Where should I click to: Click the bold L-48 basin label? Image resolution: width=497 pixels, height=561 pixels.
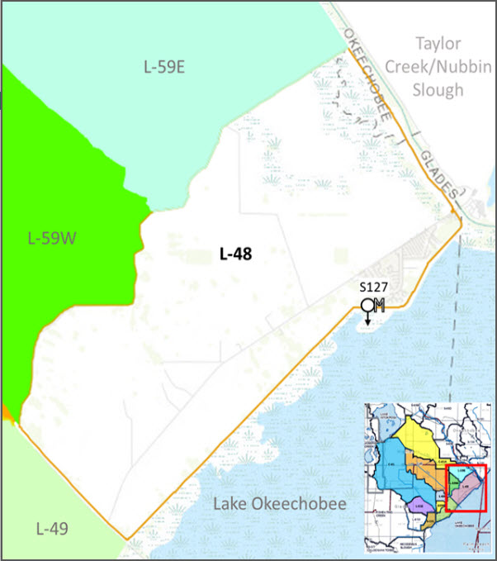pos(235,254)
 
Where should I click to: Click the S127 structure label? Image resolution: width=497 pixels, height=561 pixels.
pos(374,288)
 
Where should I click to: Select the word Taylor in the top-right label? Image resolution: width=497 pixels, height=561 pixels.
pos(438,43)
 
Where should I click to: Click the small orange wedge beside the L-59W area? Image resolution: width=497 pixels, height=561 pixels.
pos(7,411)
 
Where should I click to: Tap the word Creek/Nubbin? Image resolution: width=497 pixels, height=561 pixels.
pos(438,66)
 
